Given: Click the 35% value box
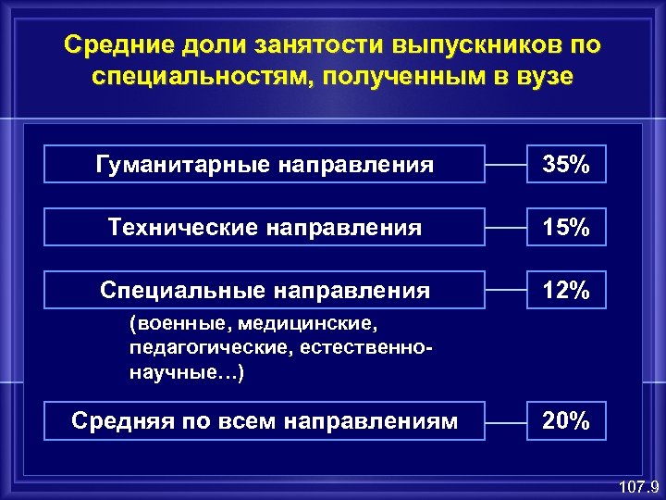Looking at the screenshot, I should pos(566,166).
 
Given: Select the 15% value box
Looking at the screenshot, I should pos(566,227).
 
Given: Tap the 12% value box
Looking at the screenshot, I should pos(566,290).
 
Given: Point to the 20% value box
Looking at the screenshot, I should pos(566,421).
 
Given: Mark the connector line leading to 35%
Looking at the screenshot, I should pos(507,166).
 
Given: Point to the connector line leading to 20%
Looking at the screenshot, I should pos(507,421).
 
